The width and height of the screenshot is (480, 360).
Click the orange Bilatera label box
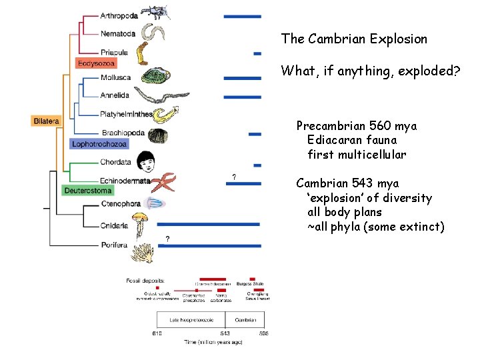tap(46, 121)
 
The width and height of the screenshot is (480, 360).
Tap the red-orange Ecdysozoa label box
tap(97, 63)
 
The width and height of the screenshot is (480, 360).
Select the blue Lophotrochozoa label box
tap(99, 143)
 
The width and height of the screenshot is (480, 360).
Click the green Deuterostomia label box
tap(88, 191)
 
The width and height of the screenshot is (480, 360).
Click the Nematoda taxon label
tap(118, 33)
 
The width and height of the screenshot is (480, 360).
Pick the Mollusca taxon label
tap(115, 77)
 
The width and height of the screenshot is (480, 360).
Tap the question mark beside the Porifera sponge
tap(167, 239)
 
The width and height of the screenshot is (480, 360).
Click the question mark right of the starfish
tap(233, 177)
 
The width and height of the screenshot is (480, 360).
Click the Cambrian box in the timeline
tap(245, 320)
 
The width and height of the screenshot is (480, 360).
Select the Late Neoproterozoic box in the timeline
tap(191, 320)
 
